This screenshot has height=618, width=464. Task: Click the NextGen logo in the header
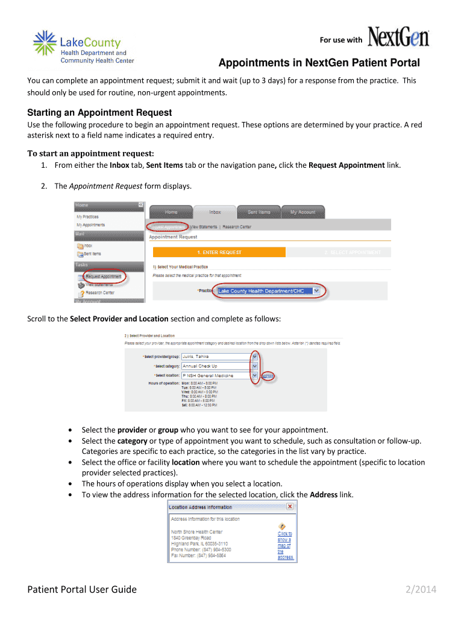click(398, 37)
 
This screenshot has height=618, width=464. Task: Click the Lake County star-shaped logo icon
click(45, 44)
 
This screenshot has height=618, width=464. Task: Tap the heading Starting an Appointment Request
click(99, 113)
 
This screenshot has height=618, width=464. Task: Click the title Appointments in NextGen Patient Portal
click(319, 63)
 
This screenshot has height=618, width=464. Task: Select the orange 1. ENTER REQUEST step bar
click(219, 252)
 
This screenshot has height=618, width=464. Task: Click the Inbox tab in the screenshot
click(215, 212)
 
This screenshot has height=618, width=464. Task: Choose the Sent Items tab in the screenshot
click(259, 212)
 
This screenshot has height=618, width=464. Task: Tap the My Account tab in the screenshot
click(303, 212)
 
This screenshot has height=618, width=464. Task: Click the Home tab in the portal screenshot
click(171, 212)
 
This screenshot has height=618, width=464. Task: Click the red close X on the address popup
click(290, 506)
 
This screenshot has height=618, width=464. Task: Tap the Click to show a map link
click(285, 545)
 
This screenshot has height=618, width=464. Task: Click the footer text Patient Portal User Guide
click(82, 590)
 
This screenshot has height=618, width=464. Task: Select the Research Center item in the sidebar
click(99, 293)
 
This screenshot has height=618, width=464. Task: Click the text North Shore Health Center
click(196, 532)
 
